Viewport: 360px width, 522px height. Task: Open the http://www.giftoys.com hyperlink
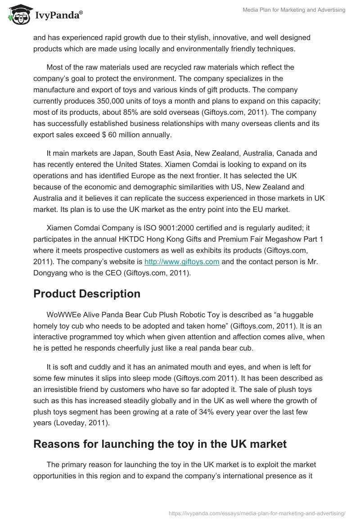pyautogui.click(x=181, y=262)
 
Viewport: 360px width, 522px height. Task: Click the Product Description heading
pyautogui.click(x=87, y=294)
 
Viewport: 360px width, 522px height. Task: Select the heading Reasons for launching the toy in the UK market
pyautogui.click(x=160, y=444)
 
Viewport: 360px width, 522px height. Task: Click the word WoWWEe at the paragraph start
pyautogui.click(x=62, y=315)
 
